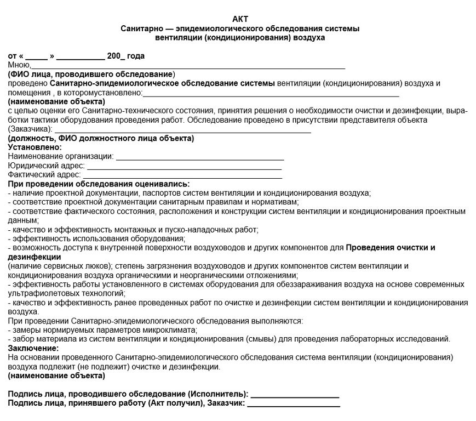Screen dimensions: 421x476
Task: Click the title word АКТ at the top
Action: (x=240, y=19)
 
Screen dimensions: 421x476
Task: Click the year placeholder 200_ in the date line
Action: (x=116, y=56)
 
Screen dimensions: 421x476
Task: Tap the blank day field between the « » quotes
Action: (x=37, y=57)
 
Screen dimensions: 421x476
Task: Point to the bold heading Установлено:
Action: (x=35, y=147)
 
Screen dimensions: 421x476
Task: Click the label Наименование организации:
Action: (x=60, y=156)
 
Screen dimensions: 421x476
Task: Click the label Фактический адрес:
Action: (x=44, y=175)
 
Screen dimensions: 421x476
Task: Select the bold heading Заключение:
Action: (x=33, y=348)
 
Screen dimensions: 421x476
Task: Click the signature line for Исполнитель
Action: (x=295, y=395)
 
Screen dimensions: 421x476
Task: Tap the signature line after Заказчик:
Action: (x=294, y=405)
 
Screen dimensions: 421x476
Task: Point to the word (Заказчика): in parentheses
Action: (x=30, y=129)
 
